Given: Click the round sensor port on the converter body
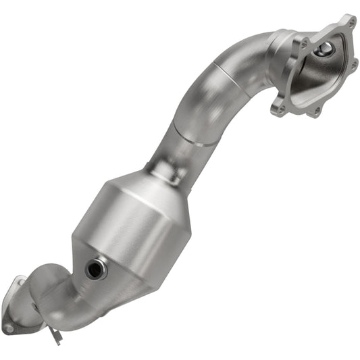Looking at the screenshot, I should (96, 269).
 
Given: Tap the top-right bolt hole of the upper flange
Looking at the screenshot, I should (349, 21).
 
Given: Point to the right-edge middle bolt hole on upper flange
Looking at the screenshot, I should (354, 66).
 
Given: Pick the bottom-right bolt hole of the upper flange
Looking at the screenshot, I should (315, 109).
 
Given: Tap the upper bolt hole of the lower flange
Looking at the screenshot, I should (20, 282).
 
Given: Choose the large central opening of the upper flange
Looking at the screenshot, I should (321, 71).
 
